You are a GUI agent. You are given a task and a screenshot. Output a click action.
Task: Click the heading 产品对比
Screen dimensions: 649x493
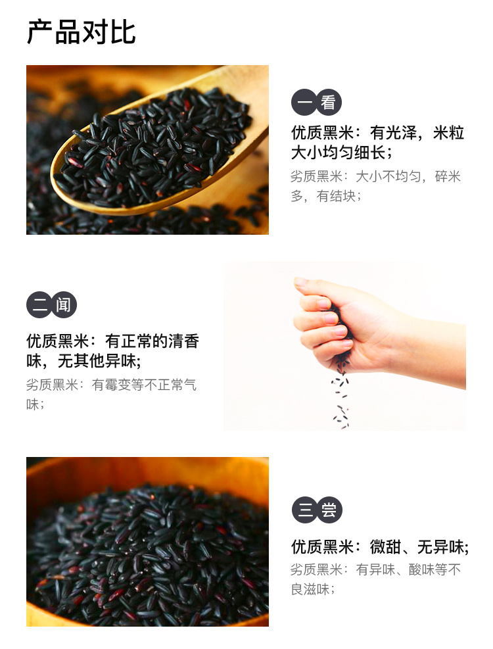pyautogui.click(x=81, y=32)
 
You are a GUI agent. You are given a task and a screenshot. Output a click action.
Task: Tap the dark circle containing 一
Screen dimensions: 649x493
pyautogui.click(x=304, y=103)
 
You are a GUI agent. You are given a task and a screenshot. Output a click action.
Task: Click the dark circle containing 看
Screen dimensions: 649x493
pyautogui.click(x=329, y=103)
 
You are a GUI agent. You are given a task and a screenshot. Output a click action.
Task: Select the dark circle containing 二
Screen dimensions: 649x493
pyautogui.click(x=39, y=305)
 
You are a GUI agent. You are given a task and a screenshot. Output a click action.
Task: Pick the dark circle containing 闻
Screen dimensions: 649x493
pyautogui.click(x=64, y=305)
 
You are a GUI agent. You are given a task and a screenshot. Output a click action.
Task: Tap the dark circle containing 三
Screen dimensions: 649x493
pyautogui.click(x=304, y=510)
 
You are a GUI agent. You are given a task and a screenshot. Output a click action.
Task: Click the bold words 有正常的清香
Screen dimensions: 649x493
pyautogui.click(x=152, y=341)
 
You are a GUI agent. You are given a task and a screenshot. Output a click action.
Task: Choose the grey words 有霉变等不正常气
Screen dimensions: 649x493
pyautogui.click(x=144, y=385)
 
